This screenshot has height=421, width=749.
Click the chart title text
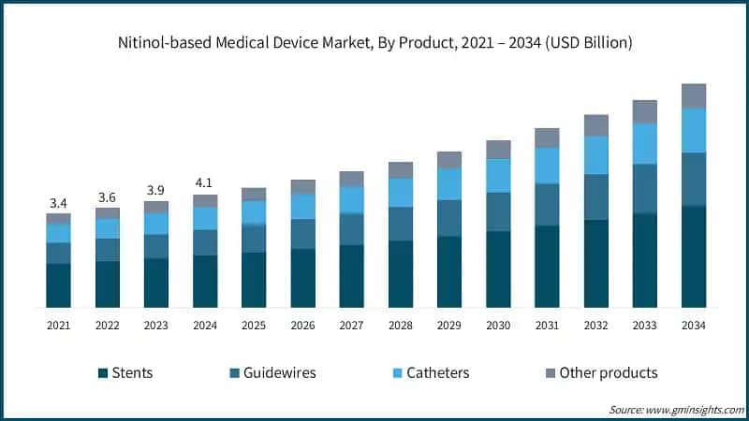374,42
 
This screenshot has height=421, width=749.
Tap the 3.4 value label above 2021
58,203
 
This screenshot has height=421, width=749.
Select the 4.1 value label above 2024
205,184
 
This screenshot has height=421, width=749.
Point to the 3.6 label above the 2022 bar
107,197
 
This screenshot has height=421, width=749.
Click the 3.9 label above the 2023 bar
155,190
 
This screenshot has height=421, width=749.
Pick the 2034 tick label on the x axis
693,325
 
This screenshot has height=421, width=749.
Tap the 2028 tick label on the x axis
401,325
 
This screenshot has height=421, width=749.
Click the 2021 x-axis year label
58,325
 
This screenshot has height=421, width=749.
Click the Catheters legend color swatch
398,373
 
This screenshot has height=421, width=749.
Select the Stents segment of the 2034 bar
693,257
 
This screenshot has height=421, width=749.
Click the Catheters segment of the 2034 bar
693,130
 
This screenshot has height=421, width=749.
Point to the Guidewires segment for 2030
498,211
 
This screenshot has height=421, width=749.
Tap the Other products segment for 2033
644,111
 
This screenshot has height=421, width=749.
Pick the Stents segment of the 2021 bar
58,285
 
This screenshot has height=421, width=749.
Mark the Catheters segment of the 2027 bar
352,199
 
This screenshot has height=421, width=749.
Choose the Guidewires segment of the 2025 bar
254,239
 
